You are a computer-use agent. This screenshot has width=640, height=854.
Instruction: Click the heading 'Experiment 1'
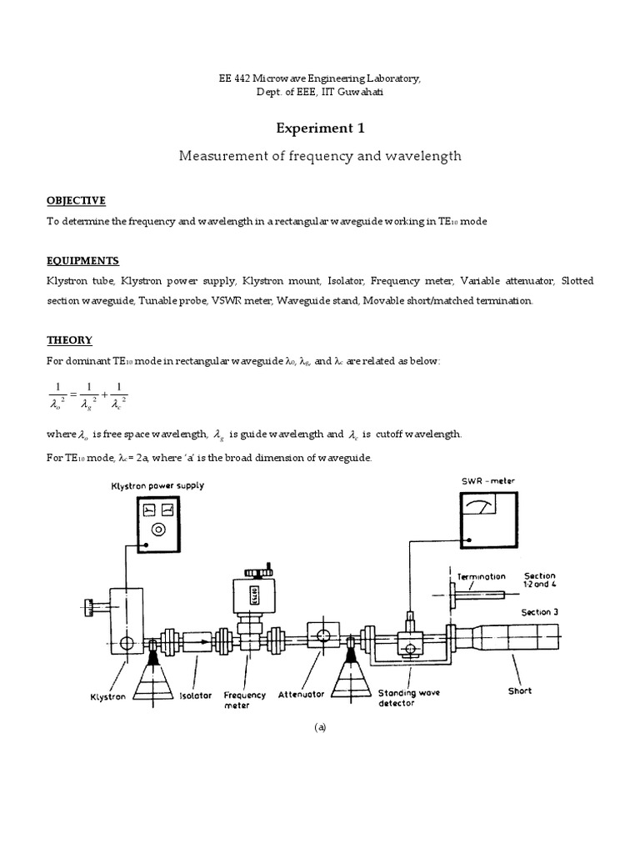point(320,128)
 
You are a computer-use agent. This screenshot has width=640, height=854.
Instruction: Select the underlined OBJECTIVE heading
point(76,200)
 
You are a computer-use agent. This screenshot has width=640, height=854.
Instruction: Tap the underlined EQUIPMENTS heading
point(82,261)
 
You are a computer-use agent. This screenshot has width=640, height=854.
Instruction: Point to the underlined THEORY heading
point(69,340)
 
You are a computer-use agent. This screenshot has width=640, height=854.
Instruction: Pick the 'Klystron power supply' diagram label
point(157,485)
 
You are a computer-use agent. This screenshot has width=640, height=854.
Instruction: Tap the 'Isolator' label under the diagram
point(196,695)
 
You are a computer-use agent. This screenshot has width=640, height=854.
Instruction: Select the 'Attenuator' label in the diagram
point(300,693)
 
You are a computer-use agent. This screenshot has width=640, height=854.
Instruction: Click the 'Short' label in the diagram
point(519,691)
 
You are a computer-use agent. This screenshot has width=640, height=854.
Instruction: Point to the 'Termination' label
point(482,576)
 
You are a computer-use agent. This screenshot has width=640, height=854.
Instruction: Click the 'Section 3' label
point(540,612)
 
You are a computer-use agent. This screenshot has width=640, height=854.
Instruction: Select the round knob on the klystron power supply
point(157,529)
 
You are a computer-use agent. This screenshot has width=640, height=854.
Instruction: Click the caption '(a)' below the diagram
point(320,727)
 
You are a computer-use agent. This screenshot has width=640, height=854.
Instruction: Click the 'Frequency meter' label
point(245,699)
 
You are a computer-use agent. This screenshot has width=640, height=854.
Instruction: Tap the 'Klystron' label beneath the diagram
point(108,696)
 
